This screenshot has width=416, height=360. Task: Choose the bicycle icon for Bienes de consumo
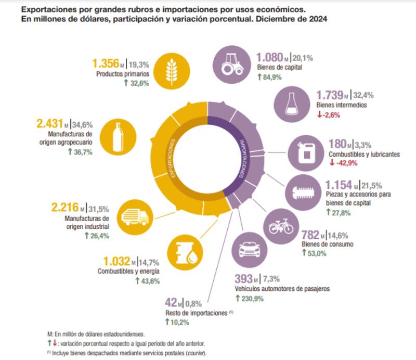[281, 226]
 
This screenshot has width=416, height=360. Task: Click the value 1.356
[106, 63]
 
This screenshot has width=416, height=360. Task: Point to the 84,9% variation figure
[270, 78]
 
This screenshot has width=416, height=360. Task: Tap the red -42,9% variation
[345, 163]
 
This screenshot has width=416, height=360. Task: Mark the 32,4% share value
[362, 95]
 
